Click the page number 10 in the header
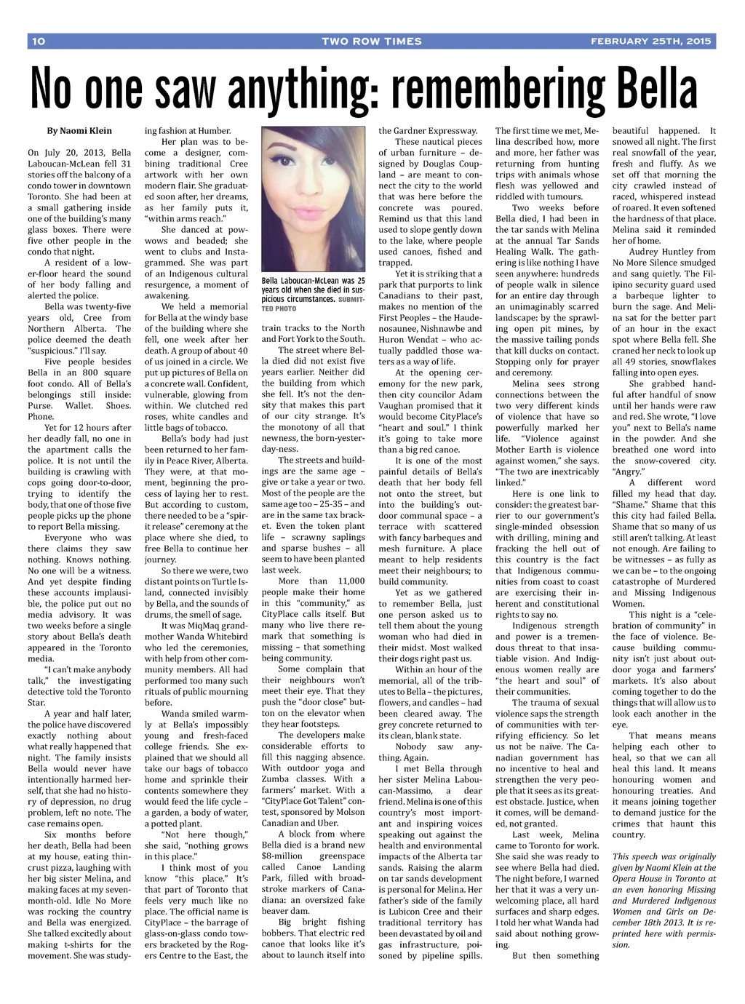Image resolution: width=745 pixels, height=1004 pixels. point(39,41)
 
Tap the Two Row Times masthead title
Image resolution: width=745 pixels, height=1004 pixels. point(371,41)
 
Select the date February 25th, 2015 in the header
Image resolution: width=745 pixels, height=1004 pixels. point(650,41)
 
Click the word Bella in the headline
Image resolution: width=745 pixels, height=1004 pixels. point(657,87)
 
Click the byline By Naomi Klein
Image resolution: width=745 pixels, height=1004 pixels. point(79,131)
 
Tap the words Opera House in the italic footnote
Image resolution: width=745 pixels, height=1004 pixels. point(640,879)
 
